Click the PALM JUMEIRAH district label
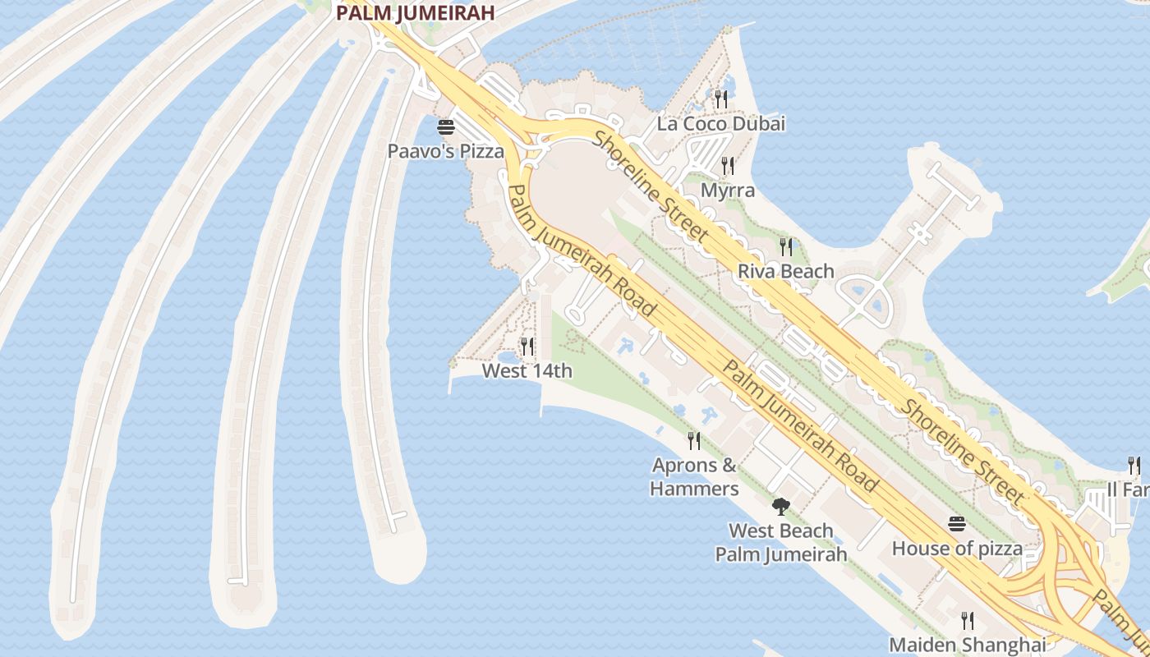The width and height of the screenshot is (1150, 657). tap(415, 12)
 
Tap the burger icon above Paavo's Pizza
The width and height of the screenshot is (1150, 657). tap(446, 127)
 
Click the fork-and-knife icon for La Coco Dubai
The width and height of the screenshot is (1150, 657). tap(721, 99)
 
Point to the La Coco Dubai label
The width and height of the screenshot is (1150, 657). tap(720, 124)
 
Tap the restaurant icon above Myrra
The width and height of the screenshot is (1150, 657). tap(727, 165)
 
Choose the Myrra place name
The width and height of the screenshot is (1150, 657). tap(727, 191)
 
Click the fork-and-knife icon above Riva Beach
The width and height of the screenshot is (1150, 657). tap(786, 246)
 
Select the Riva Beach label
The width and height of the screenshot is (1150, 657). tap(785, 271)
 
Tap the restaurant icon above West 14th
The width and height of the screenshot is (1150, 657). tap(527, 346)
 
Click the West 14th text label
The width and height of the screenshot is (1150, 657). tap(527, 371)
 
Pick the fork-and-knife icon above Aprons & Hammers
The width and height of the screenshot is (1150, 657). tap(694, 441)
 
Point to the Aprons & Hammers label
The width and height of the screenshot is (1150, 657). tap(694, 477)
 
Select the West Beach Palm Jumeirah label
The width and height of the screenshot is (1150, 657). tap(780, 542)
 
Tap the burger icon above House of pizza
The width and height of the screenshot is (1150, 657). tap(957, 523)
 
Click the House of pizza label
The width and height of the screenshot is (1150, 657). tap(957, 548)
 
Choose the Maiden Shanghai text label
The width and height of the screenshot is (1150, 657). tap(968, 645)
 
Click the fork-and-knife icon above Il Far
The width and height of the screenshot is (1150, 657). tap(1134, 465)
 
